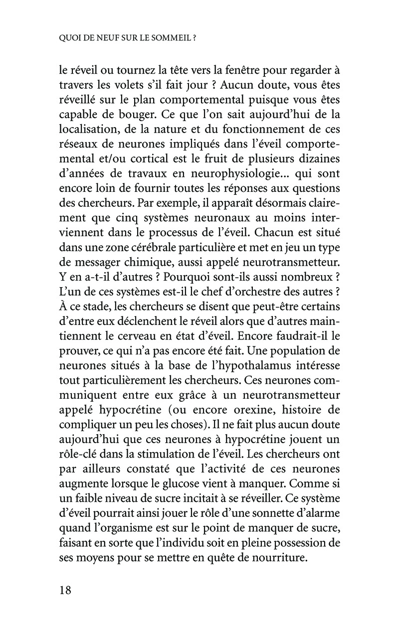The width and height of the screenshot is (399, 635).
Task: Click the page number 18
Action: pos(65,591)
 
